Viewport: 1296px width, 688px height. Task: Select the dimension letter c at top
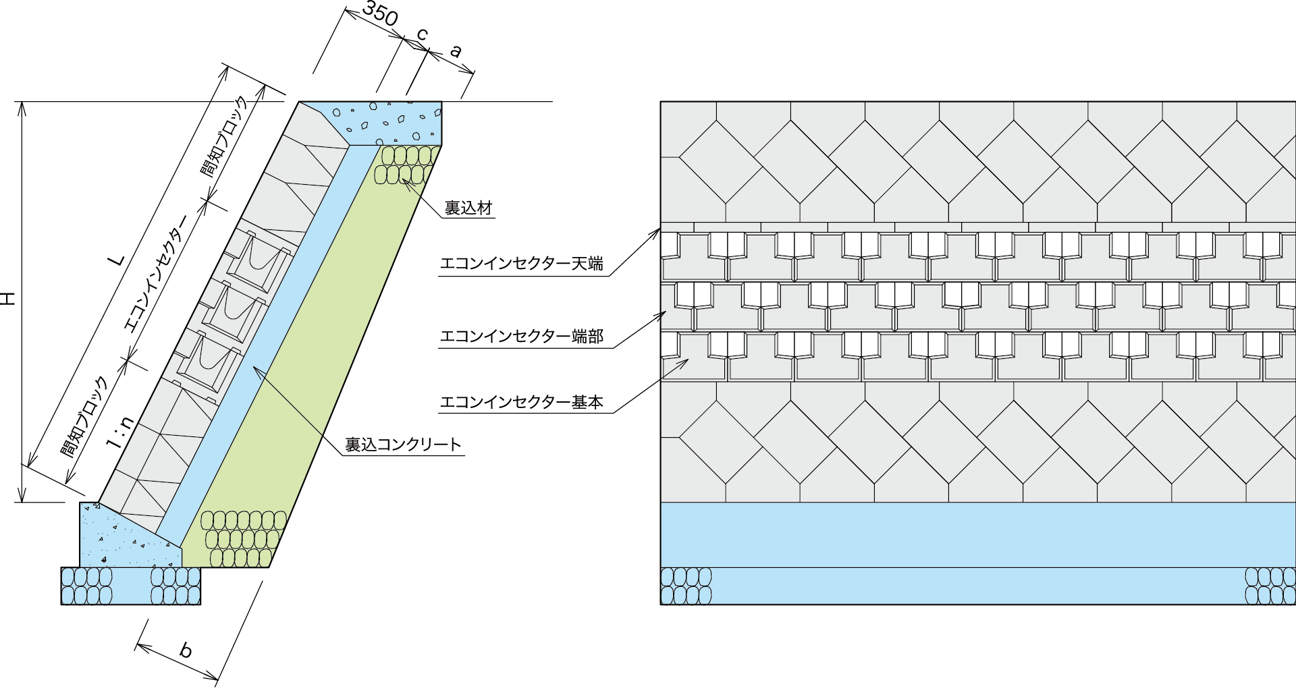pos(422,34)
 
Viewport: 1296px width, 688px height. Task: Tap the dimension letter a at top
pos(456,51)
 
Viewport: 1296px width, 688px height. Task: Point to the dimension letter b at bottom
pos(186,650)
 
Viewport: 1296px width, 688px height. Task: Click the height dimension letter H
pos(7,299)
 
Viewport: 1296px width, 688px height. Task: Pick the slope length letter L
pos(117,259)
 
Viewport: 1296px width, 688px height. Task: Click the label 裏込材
pos(468,208)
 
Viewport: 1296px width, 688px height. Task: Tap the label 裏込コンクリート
pos(403,445)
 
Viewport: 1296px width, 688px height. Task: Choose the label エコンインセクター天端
pos(521,264)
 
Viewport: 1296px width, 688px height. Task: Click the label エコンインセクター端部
pos(521,336)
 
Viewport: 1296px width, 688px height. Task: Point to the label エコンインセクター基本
pos(521,403)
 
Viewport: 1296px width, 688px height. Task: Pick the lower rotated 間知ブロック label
pos(85,418)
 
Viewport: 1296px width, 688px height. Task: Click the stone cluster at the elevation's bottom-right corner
pos(1270,586)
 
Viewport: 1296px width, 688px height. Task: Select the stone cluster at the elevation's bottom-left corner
pos(686,586)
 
